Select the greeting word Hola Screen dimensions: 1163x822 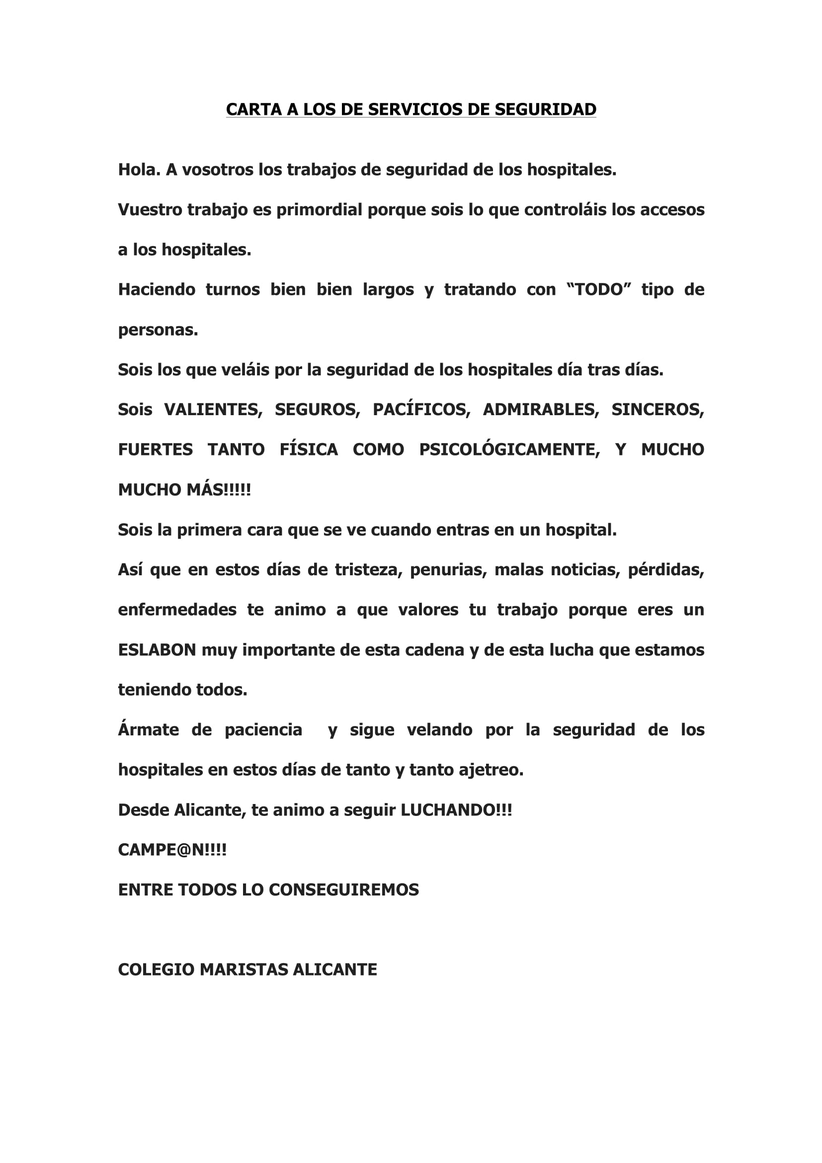pyautogui.click(x=139, y=170)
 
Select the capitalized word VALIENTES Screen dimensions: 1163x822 pyautogui.click(x=213, y=410)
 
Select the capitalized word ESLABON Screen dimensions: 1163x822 pyautogui.click(x=157, y=650)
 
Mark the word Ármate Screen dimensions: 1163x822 pyautogui.click(x=148, y=730)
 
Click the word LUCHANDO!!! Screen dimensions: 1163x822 pyautogui.click(x=456, y=810)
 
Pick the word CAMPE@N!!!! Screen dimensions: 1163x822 pyautogui.click(x=172, y=850)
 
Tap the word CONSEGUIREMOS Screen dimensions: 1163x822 pyautogui.click(x=344, y=890)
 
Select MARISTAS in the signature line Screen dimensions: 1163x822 pyautogui.click(x=244, y=970)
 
